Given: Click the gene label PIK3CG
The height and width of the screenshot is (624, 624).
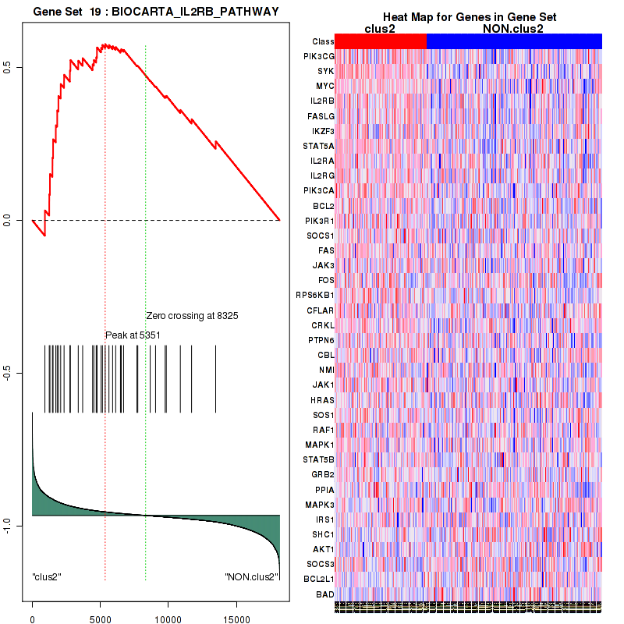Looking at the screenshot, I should tap(320, 56).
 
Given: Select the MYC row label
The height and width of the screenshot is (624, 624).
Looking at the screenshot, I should tap(324, 86).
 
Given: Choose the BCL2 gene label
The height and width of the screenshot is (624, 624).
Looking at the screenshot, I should tap(323, 206).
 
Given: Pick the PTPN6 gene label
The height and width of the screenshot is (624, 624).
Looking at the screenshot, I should tap(321, 340).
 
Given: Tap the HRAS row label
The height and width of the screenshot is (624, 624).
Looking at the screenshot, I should tap(322, 399).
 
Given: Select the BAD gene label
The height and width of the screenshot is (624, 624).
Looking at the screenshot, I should tap(325, 594).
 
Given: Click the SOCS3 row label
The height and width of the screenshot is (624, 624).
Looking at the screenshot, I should tap(321, 564).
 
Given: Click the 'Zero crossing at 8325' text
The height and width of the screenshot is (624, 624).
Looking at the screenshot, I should tap(192, 316).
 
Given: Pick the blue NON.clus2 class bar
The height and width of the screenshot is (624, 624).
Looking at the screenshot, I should tap(514, 41).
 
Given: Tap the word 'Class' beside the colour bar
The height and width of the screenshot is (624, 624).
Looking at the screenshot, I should tap(322, 41).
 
